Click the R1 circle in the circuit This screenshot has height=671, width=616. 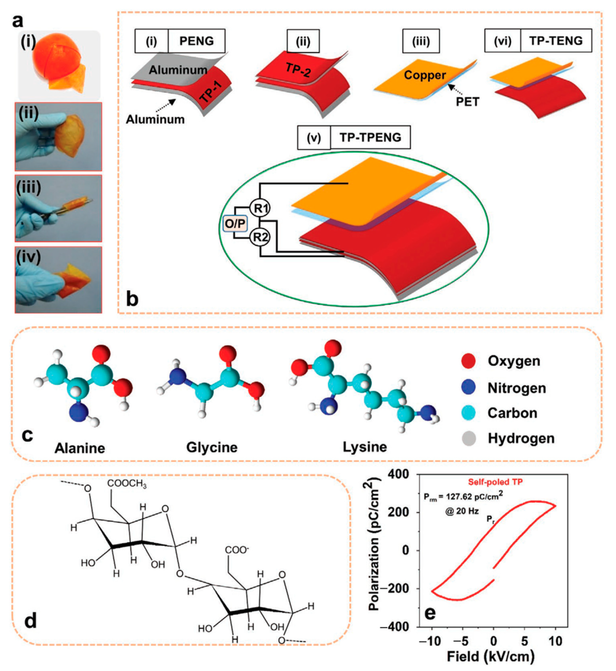pos(260,208)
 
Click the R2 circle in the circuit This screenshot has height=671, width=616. pos(260,237)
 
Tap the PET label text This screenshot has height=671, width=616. pos(467,102)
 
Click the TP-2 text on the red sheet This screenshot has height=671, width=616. pos(298,70)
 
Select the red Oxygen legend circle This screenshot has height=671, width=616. pos(468,361)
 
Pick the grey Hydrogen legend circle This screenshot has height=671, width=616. pos(468,438)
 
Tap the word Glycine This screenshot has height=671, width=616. pos(212,448)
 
